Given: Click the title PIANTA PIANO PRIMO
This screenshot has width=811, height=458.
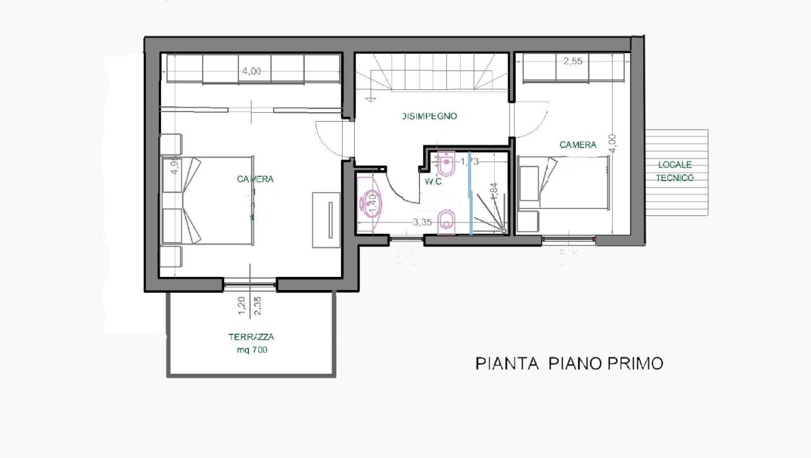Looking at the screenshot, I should [x=569, y=363].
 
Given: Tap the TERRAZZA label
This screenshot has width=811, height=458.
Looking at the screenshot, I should [x=252, y=338].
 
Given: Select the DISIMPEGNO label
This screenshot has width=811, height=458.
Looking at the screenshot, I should [x=429, y=116].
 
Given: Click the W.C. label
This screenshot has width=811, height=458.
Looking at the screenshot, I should [x=433, y=181].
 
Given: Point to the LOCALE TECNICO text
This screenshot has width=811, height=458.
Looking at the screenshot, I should [x=675, y=172].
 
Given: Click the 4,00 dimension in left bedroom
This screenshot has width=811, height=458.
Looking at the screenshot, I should [x=251, y=71].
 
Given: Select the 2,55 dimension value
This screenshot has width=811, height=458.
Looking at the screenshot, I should [x=573, y=61].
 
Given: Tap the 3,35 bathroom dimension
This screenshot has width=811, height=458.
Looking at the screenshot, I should [x=423, y=222].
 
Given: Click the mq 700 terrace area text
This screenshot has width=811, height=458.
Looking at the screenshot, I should [x=252, y=350].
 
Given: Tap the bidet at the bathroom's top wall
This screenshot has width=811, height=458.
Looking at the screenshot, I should [x=447, y=163].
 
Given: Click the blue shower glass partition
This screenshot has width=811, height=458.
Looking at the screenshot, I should [x=469, y=193].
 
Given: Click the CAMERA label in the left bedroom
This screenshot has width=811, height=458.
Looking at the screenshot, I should [x=255, y=179].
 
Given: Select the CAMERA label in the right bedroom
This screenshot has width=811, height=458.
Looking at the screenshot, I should [x=578, y=144].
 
